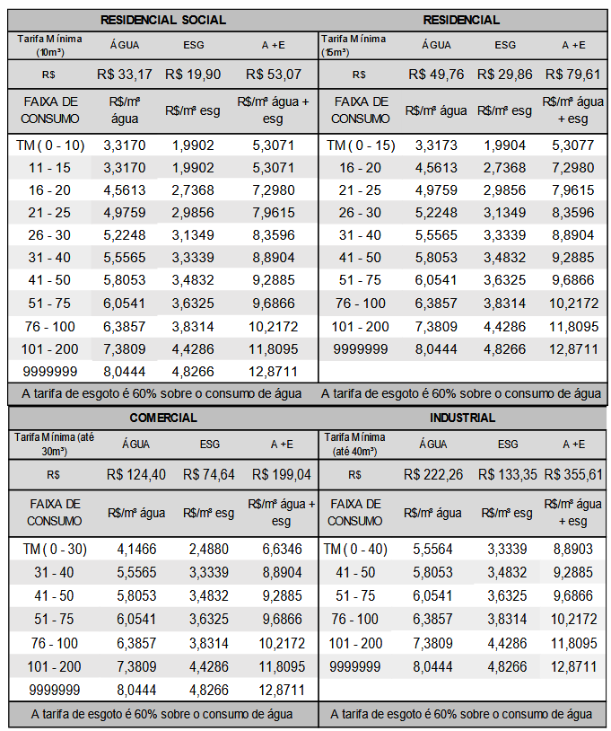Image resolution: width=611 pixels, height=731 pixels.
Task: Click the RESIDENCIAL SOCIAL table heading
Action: point(163,20)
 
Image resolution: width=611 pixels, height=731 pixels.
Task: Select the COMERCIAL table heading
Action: point(163,418)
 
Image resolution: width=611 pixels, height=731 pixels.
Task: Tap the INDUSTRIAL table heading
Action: point(462,418)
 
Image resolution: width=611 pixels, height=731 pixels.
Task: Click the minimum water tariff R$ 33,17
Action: point(123,74)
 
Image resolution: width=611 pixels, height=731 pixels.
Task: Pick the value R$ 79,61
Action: point(572,74)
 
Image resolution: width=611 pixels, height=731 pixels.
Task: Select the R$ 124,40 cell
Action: point(135,474)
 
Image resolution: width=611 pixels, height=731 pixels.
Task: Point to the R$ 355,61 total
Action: point(572,474)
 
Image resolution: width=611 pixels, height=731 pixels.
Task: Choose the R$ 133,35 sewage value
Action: point(507,474)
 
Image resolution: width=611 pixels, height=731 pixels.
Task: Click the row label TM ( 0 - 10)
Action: point(50,144)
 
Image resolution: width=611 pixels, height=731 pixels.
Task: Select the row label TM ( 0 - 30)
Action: point(55,548)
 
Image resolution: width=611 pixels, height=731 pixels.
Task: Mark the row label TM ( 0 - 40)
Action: point(354,548)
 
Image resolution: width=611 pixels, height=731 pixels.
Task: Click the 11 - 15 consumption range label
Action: point(50,167)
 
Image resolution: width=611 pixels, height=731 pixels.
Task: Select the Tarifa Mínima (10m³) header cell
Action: point(50,44)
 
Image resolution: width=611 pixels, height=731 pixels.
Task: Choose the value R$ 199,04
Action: point(281,474)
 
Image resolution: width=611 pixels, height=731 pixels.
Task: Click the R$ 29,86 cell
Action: point(507,74)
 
